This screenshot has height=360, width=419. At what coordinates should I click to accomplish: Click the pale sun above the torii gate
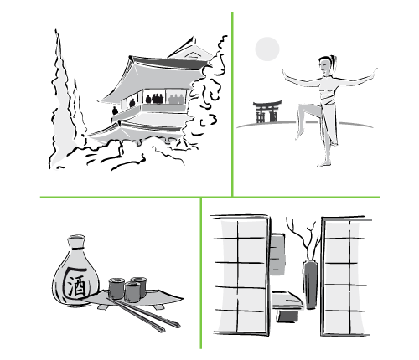click(267, 49)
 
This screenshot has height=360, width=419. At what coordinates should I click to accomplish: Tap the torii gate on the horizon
click(267, 111)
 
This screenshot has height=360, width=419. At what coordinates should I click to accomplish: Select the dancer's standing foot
click(324, 163)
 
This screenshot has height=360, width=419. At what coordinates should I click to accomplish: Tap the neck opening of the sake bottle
click(76, 238)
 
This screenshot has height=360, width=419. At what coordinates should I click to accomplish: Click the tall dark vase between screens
click(310, 284)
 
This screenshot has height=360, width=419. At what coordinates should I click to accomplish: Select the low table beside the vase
click(287, 300)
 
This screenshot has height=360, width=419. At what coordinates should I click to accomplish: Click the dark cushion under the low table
click(287, 316)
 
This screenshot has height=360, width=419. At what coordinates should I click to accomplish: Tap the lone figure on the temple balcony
click(115, 111)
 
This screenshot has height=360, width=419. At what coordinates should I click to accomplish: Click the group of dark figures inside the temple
click(154, 99)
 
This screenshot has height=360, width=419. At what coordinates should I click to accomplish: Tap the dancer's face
click(324, 67)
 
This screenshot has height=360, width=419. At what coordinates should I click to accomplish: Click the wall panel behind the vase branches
click(278, 254)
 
